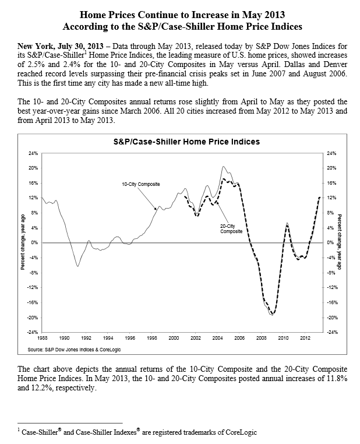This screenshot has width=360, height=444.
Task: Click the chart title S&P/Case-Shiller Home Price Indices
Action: point(186,142)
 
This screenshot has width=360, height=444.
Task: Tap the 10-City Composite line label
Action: point(140,184)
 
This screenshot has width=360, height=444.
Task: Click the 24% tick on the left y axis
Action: point(33,153)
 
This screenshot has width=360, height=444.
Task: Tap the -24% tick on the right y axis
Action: point(332,332)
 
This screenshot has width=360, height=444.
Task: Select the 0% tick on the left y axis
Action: point(34,242)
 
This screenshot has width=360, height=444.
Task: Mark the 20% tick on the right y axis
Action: point(332,168)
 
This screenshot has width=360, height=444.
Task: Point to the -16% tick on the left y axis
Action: point(33,302)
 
